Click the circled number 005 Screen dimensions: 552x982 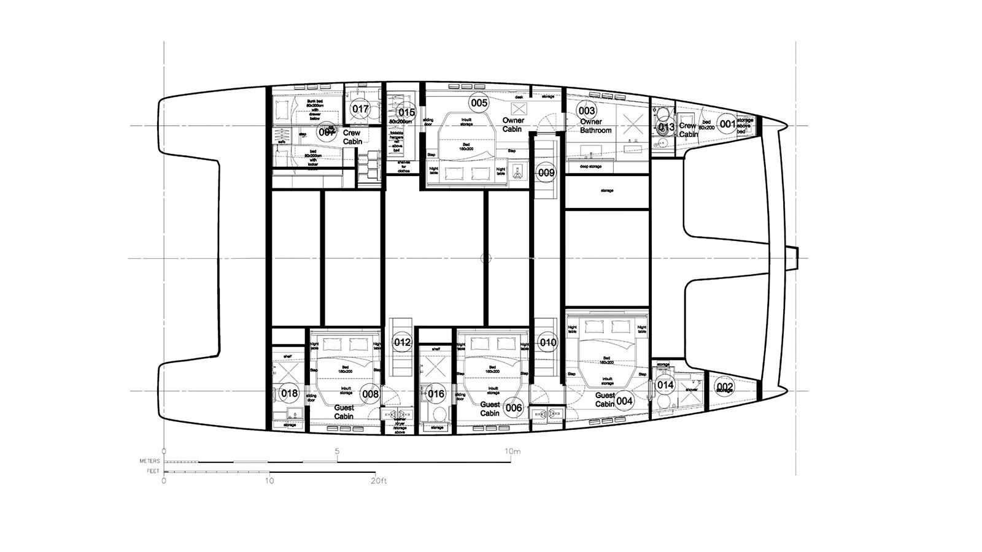(x=479, y=103)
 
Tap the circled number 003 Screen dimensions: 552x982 (x=587, y=111)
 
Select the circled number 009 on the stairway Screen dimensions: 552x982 (x=546, y=173)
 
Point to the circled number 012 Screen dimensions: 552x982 (x=402, y=342)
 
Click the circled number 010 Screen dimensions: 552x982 (x=547, y=342)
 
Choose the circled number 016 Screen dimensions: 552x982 (x=435, y=394)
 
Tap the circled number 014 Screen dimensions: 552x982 (x=665, y=385)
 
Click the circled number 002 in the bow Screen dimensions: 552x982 (x=725, y=386)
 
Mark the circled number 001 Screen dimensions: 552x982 (x=727, y=125)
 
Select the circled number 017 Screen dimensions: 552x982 (x=360, y=110)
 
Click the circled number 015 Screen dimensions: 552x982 (x=406, y=112)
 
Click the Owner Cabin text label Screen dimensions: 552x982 (x=512, y=125)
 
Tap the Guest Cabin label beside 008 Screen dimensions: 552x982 (x=344, y=412)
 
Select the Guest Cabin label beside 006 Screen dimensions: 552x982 (x=490, y=408)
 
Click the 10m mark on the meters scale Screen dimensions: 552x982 (x=512, y=452)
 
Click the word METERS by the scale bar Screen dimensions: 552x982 (x=150, y=461)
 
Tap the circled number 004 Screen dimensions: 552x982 (x=624, y=401)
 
